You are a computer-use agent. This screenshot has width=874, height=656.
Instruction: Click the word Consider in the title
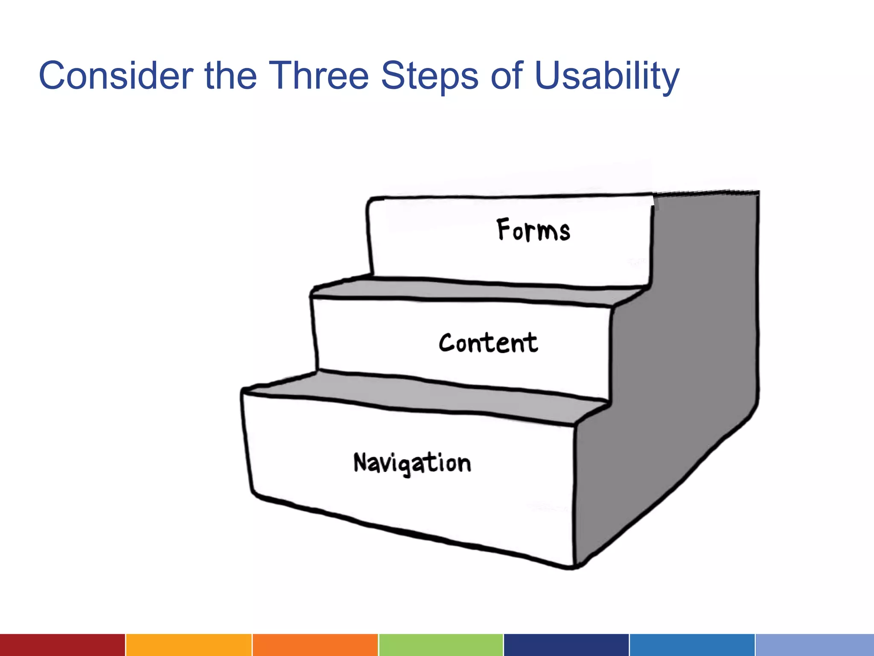tap(116, 76)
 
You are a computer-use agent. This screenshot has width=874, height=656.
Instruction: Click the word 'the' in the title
tap(231, 76)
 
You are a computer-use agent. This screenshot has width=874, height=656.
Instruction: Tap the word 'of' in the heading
tap(507, 76)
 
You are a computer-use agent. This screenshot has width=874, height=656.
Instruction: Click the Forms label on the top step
tap(533, 231)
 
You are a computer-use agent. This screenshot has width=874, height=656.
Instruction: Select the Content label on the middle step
tap(488, 343)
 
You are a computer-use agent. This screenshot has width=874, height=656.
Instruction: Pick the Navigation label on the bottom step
tap(412, 463)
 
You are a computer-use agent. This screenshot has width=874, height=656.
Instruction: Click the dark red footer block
tap(62, 645)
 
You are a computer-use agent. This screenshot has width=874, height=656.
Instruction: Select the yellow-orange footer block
tap(189, 645)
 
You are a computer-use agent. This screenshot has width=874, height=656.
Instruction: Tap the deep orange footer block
tap(315, 645)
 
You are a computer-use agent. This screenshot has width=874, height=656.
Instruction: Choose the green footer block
tap(441, 645)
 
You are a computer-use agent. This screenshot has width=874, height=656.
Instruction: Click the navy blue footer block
tap(566, 645)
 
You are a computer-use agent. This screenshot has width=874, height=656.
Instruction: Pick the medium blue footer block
tap(692, 645)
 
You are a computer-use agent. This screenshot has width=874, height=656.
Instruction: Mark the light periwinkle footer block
tap(815, 645)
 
